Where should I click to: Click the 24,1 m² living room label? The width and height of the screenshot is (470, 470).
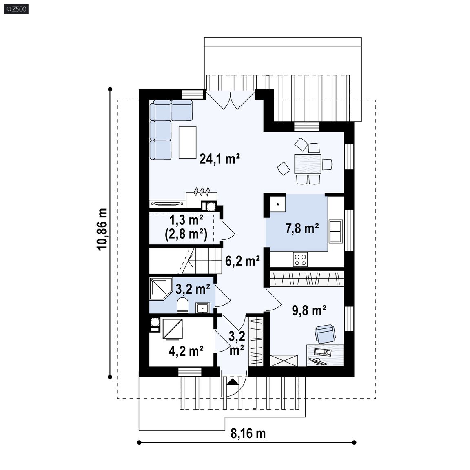click(x=219, y=159)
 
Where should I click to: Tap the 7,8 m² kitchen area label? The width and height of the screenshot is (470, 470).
click(x=302, y=228)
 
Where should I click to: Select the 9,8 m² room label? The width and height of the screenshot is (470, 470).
click(x=309, y=311)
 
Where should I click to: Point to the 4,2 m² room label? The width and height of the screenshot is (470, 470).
click(x=186, y=351)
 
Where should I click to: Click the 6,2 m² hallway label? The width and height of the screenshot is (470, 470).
click(x=242, y=261)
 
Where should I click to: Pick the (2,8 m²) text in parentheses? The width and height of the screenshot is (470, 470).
click(x=186, y=234)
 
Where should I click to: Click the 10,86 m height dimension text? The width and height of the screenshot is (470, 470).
click(x=102, y=229)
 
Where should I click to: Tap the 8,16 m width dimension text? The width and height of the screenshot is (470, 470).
click(x=248, y=433)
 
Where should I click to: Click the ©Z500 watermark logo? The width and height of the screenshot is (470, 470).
click(x=16, y=9)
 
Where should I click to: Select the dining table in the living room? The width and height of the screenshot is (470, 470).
click(x=308, y=164)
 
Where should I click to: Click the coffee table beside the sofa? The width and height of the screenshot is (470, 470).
click(x=188, y=142)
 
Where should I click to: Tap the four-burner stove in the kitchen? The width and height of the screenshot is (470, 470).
click(x=300, y=259)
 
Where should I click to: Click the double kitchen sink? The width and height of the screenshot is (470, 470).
click(x=336, y=231)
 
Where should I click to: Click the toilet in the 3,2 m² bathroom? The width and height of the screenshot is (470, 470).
click(x=182, y=306)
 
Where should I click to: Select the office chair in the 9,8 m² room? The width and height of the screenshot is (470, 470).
click(x=325, y=334)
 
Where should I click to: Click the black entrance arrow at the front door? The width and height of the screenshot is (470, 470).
click(x=233, y=382)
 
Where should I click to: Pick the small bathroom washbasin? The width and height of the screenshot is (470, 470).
click(x=203, y=308)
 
